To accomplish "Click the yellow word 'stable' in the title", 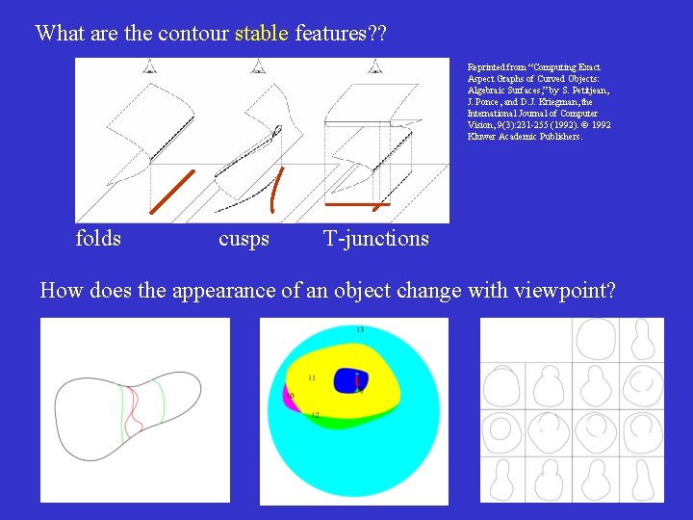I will (261, 33).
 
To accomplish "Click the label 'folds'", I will (98, 238).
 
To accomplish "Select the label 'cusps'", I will (244, 238).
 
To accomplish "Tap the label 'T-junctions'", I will (375, 238).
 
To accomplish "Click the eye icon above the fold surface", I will (149, 66).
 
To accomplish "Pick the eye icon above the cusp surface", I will (257, 66).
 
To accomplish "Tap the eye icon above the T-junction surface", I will (374, 66).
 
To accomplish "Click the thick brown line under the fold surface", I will (172, 191).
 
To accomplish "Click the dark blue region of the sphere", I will (347, 379).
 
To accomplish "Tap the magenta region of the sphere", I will (287, 396).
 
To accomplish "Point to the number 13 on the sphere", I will (360, 330).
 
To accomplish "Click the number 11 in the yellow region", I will (311, 377).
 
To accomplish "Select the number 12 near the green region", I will (315, 415).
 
